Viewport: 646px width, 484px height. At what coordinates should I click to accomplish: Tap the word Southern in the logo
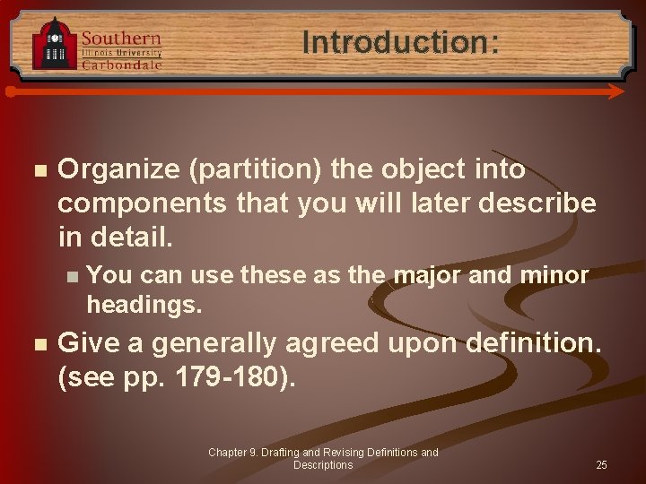[122, 39]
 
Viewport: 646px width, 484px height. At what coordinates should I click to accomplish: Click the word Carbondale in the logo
[122, 65]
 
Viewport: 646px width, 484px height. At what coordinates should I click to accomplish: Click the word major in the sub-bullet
[428, 275]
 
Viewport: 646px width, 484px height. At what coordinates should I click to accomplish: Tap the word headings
[144, 304]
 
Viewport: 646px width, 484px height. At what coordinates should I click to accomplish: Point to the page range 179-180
[228, 376]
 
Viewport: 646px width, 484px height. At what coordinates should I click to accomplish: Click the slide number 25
[601, 465]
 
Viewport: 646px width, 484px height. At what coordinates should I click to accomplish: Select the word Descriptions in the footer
[323, 465]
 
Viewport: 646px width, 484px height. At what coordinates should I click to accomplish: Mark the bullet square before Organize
[36, 170]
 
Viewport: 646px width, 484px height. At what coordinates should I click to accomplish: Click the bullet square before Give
[36, 343]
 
